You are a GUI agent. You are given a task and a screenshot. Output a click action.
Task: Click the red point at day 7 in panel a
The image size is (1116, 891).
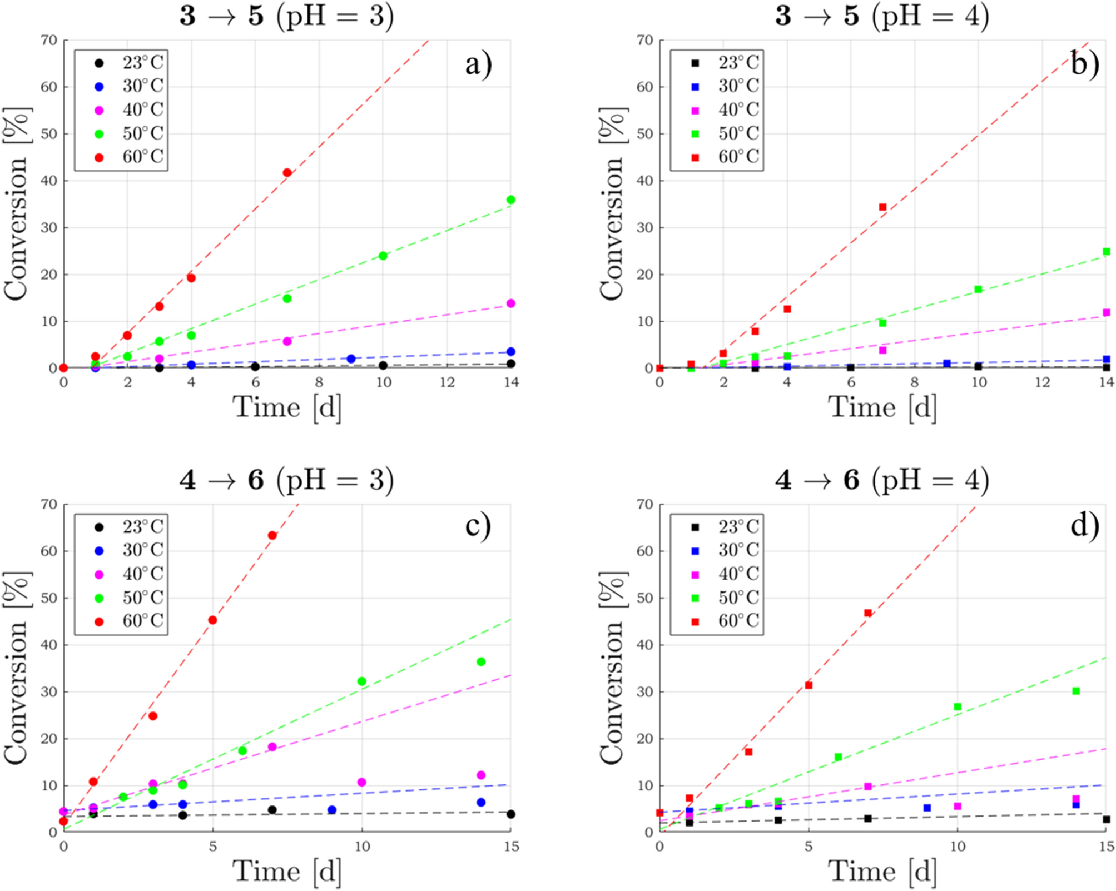click(x=287, y=173)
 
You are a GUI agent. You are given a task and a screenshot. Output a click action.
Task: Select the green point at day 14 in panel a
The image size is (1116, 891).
click(x=510, y=200)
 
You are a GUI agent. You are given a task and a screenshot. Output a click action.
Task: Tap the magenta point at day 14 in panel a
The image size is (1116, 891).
click(x=510, y=303)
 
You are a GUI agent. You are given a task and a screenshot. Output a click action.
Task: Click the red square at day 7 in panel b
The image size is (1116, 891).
click(x=882, y=207)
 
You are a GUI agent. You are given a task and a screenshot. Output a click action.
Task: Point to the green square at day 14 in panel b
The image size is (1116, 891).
click(x=1106, y=252)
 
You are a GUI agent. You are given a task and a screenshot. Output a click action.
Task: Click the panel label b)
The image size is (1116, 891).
click(x=1084, y=64)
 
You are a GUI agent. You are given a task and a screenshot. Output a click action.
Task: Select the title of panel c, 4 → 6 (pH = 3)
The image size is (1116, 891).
click(x=286, y=480)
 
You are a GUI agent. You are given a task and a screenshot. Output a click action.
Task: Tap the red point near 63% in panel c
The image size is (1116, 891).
click(x=272, y=535)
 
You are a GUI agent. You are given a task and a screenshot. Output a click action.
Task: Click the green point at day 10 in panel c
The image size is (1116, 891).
click(x=361, y=681)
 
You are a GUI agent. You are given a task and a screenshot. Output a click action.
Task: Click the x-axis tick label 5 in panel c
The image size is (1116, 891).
click(x=212, y=847)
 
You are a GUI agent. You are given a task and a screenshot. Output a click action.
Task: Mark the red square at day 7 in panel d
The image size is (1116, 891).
click(x=867, y=613)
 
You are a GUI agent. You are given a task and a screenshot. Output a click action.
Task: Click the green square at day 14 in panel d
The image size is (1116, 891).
click(x=1075, y=691)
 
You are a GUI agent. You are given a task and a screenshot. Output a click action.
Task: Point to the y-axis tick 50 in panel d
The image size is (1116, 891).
click(x=645, y=598)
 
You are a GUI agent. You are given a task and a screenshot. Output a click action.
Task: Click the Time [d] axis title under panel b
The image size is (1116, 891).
click(x=882, y=407)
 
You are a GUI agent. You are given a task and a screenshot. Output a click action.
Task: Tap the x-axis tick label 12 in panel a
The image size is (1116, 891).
click(x=447, y=382)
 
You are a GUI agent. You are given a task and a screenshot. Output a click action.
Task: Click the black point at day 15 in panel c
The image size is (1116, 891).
click(x=510, y=814)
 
